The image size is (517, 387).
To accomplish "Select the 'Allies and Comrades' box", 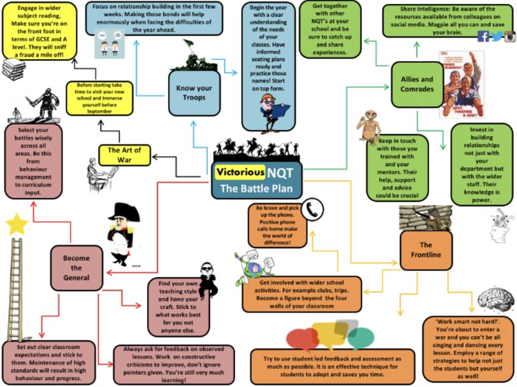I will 416,84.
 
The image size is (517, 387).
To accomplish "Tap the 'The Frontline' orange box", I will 425,250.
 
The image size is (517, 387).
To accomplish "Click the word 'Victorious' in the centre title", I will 239,171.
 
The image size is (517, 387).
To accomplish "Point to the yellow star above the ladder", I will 17,224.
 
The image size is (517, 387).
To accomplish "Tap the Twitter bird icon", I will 496,36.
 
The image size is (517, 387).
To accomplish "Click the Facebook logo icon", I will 483,36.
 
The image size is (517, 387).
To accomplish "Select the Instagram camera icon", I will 509,36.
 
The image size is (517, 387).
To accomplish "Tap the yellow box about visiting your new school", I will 99,98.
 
